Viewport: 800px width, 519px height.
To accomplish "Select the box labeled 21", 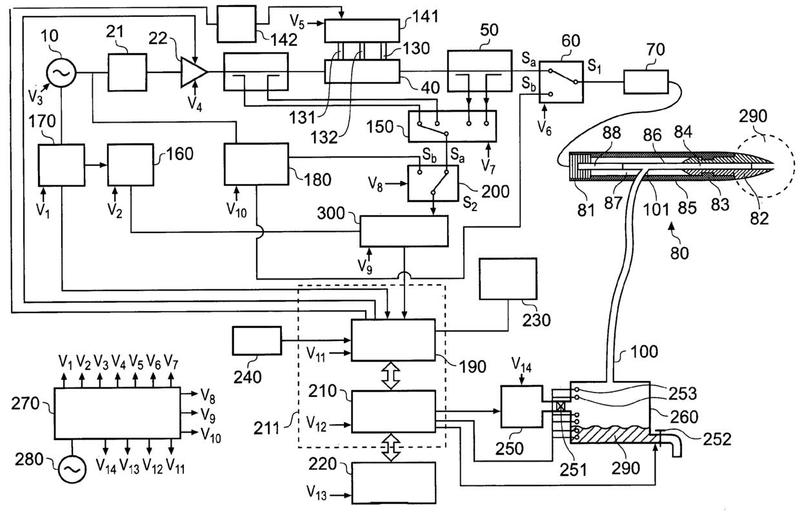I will pos(127,73).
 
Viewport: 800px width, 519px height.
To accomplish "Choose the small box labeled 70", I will pos(645,83).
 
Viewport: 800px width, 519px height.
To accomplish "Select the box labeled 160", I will pos(131,165).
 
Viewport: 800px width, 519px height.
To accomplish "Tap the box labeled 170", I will pos(61,165).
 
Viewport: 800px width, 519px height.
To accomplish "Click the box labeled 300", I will pos(404,231).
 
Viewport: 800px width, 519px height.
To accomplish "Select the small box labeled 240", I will pos(257,340).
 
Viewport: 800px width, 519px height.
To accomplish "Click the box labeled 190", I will pos(394,340).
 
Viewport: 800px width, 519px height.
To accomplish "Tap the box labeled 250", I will pos(522,406).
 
